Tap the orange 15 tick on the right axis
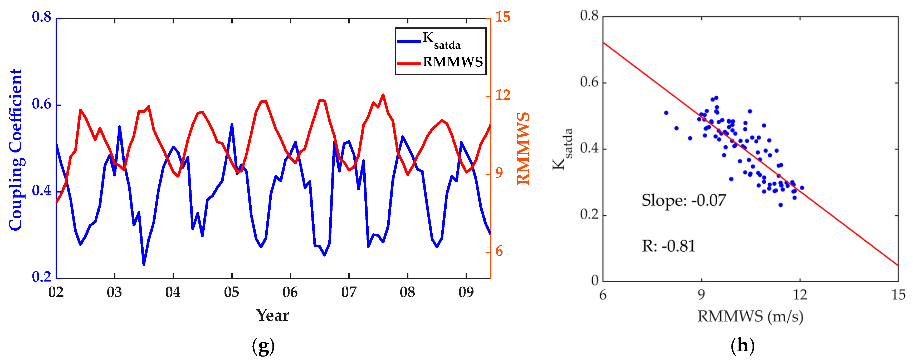(x=502, y=17)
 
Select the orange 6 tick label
(x=499, y=251)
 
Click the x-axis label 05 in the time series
(x=231, y=293)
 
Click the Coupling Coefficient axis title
(x=15, y=150)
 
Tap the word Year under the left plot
(x=272, y=315)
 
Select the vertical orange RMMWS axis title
(x=523, y=149)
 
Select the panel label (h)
(x=743, y=346)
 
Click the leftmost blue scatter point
(x=666, y=113)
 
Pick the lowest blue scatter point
(x=780, y=205)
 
